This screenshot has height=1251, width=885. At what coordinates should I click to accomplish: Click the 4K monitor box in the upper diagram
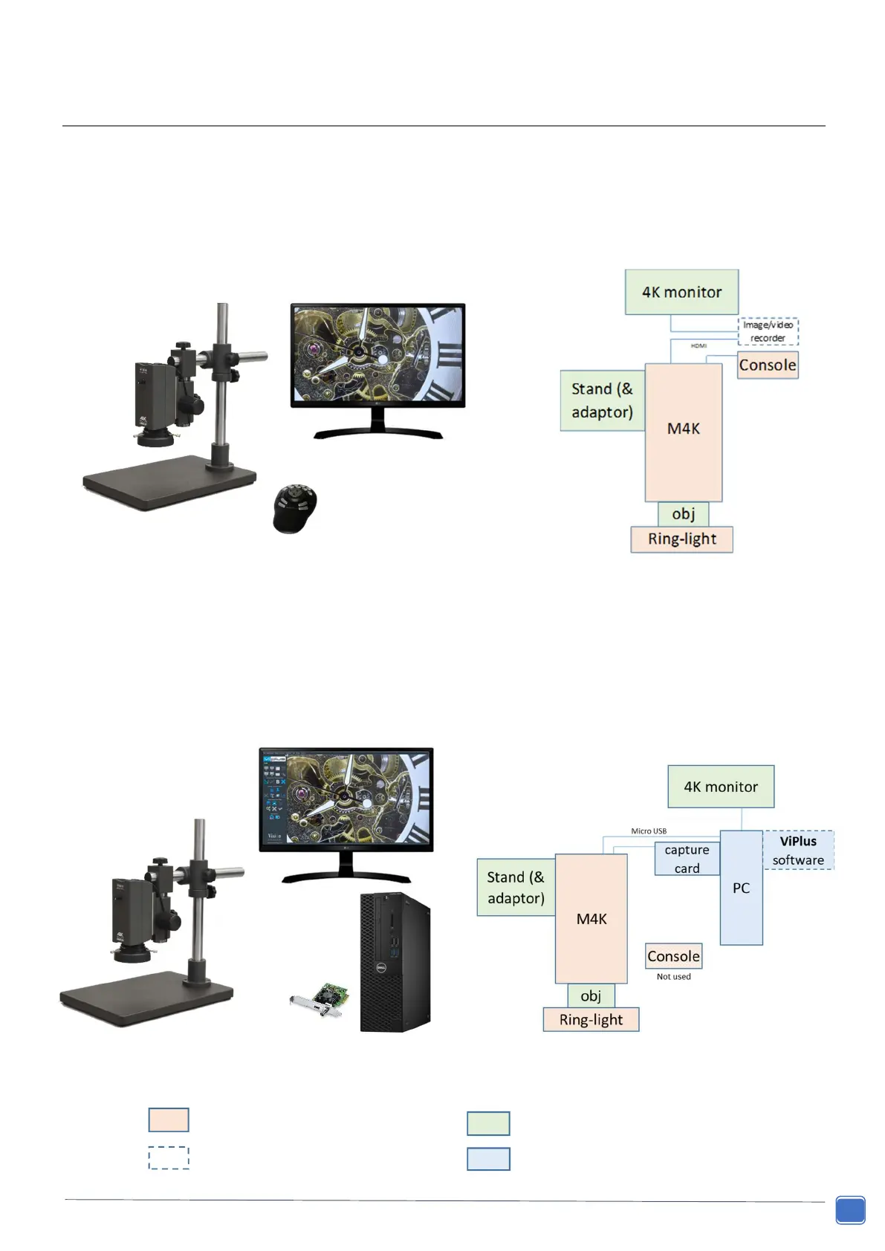point(681,292)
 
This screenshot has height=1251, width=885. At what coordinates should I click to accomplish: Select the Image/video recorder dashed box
point(768,331)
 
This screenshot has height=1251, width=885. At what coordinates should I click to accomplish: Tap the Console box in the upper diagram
point(767,365)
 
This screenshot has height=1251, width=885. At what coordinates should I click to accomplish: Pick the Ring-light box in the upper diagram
point(681,539)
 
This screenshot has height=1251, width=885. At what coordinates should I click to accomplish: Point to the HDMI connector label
point(698,345)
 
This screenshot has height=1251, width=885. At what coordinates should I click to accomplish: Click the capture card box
point(687,859)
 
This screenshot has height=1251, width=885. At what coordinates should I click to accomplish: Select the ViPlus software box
point(798,851)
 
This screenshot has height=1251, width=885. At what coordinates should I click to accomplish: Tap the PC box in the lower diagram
point(741,888)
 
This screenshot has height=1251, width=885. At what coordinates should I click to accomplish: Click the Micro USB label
point(649,831)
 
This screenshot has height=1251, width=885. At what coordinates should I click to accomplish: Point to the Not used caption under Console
point(673,977)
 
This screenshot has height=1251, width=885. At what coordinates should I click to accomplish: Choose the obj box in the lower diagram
point(591,996)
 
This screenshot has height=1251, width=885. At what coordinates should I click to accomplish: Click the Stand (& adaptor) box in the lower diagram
point(516,887)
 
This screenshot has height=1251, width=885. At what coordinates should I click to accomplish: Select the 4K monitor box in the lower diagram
point(721,787)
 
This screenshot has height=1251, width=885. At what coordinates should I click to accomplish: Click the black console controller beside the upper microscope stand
point(295,508)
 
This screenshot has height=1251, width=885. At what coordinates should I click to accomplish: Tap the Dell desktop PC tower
point(395,962)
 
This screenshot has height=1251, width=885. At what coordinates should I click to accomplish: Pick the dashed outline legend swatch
point(169,1158)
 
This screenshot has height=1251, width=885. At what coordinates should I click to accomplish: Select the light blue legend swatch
point(488,1159)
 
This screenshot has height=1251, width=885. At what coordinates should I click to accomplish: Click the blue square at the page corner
point(850,1209)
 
